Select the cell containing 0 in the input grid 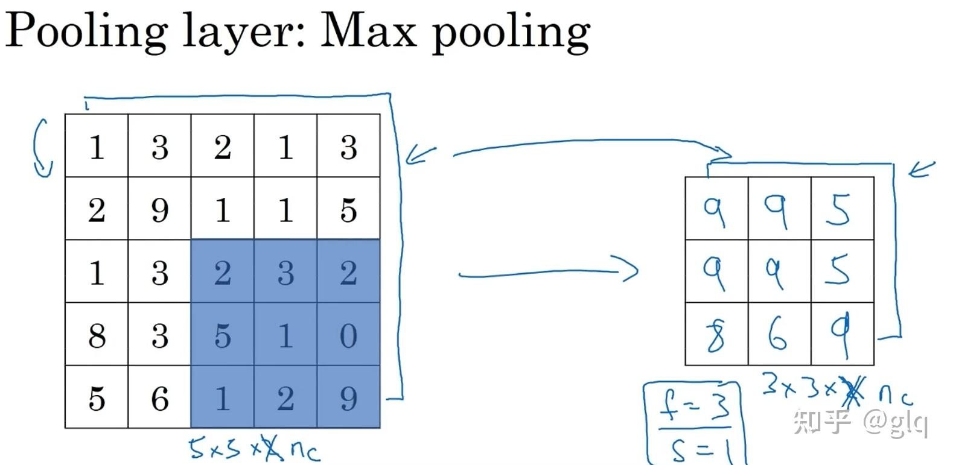point(348,335)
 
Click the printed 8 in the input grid point(97,335)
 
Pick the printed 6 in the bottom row point(159,398)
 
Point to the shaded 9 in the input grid point(348,398)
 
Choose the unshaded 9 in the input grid point(159,210)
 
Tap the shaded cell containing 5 point(223,335)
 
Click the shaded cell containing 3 point(285,273)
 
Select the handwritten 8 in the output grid point(716,335)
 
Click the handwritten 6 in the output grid point(778,335)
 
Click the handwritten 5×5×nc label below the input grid point(253,448)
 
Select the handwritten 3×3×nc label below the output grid point(836,389)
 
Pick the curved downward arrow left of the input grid point(42,148)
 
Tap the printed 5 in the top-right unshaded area point(348,210)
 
